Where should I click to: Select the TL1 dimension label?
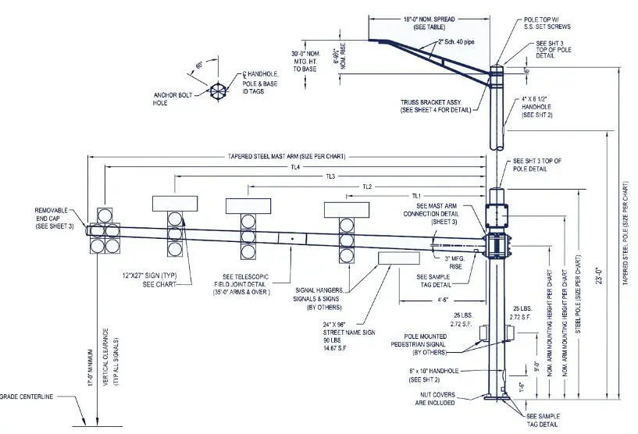pos(416,195)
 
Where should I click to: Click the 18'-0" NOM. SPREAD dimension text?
pos(429,20)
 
